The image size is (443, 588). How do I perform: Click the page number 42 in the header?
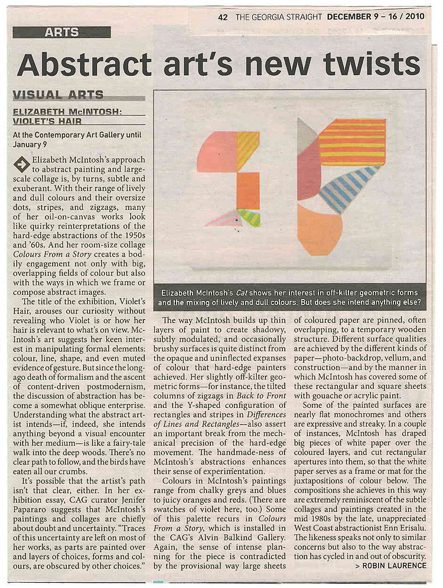click(223, 17)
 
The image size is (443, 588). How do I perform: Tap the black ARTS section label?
click(61, 33)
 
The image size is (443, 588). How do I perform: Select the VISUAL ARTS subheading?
click(58, 95)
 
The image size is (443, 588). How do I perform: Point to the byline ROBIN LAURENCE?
click(391, 566)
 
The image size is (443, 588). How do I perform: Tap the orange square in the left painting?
click(248, 190)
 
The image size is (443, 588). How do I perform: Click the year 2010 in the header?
click(415, 17)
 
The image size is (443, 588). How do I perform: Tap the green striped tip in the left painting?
click(250, 217)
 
